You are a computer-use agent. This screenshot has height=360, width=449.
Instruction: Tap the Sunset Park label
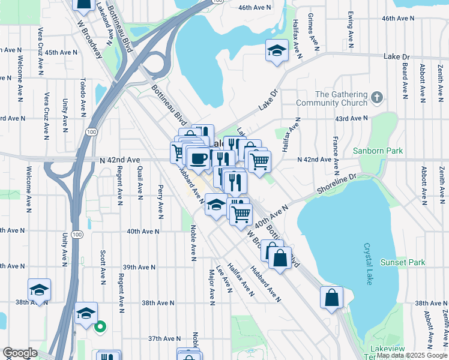coord(403,262)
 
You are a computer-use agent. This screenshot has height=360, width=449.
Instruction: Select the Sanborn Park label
coord(378,151)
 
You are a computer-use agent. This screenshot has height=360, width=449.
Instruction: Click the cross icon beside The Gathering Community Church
coord(376,98)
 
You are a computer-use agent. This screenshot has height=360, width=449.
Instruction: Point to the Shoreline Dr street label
coord(337,184)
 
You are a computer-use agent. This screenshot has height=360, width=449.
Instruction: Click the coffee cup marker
coord(197,159)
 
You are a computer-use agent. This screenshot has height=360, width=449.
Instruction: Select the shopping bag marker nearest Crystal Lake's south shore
coord(331,297)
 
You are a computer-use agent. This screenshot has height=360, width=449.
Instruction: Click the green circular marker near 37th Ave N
coord(100,327)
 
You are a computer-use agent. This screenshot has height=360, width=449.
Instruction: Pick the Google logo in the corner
coord(19,353)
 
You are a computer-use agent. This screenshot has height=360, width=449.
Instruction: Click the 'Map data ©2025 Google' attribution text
coord(412,355)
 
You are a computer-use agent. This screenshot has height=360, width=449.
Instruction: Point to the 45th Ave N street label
coord(61,52)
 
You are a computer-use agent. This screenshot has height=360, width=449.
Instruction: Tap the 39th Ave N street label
coord(139,267)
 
